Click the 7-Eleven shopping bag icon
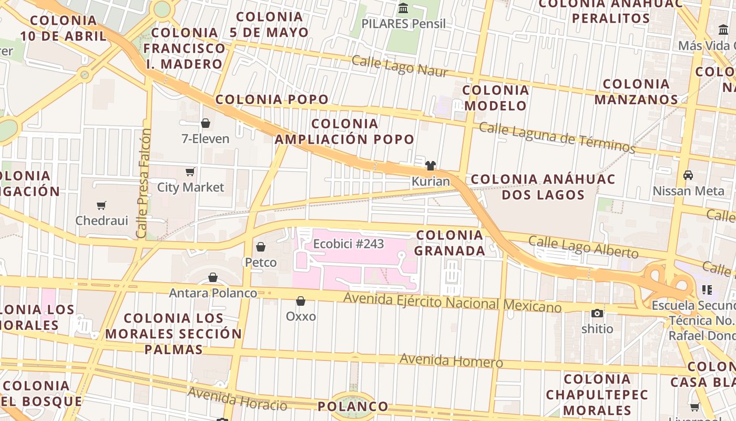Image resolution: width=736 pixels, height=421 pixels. (x=206, y=123)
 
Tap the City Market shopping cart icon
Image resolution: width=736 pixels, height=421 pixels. (x=190, y=172)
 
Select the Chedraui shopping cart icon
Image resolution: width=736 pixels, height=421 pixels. (x=101, y=205)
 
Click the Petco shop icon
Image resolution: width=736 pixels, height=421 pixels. (x=261, y=246)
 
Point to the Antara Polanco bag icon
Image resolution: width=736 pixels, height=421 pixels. (x=213, y=277)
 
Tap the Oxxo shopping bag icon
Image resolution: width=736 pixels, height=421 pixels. (x=301, y=301)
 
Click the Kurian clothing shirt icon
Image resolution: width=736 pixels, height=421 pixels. (x=431, y=166)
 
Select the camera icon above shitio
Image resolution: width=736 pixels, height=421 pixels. (x=597, y=313)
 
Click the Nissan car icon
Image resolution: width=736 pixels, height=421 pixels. (x=688, y=175)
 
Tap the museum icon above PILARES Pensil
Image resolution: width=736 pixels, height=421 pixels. (x=403, y=8)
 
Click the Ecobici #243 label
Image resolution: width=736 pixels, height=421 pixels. (x=349, y=244)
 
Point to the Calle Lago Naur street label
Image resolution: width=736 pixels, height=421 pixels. (x=400, y=66)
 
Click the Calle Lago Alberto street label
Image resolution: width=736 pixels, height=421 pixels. (x=584, y=247)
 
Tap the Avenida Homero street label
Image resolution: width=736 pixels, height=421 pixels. (x=451, y=361)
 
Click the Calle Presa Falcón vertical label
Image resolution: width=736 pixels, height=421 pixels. (x=142, y=183)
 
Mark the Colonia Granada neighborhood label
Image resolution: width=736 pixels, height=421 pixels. (x=449, y=243)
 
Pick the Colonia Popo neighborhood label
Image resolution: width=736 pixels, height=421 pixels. (x=272, y=99)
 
